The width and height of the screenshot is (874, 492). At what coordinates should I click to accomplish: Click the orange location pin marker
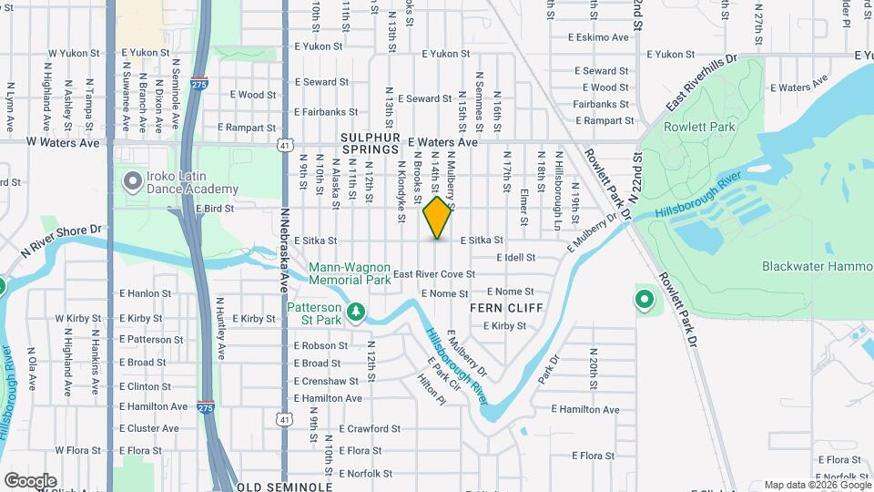coord(437,218)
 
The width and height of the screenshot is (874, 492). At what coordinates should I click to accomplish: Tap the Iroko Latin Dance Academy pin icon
coord(133,182)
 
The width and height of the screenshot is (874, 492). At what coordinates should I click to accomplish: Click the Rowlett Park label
coord(699,128)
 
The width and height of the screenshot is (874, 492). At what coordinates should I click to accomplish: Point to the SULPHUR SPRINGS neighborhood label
coord(371,142)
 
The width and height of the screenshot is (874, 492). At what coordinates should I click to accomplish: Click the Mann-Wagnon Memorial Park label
coord(350,274)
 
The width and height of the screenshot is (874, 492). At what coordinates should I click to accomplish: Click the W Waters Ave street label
coord(63,142)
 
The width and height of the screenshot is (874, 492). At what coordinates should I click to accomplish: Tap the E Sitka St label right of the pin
coord(482,241)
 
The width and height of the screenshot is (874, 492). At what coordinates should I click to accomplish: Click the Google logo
coord(30,480)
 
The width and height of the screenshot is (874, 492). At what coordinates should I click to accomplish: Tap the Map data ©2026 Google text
coord(816,485)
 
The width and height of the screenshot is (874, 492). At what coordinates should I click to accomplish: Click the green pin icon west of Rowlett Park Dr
coord(645,298)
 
